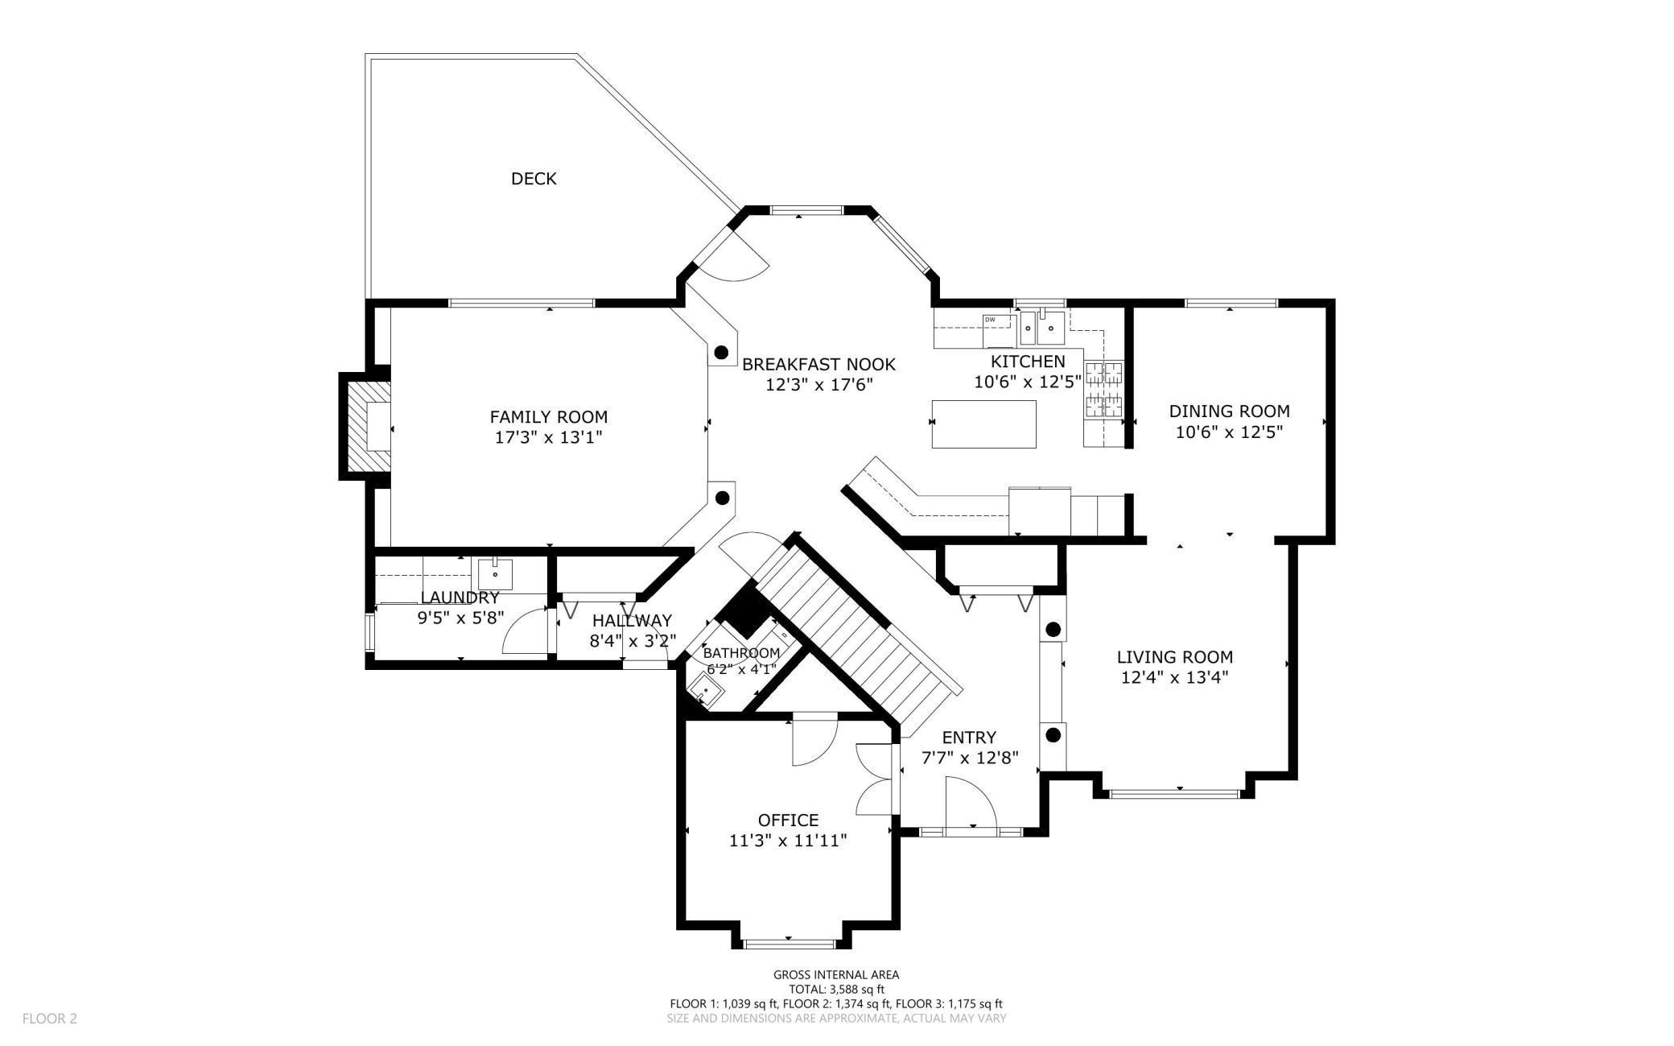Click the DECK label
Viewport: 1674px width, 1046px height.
tap(534, 179)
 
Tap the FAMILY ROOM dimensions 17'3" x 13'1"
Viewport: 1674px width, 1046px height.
tap(548, 438)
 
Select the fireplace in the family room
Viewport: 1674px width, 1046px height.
tap(367, 426)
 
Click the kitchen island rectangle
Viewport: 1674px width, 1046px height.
tap(983, 424)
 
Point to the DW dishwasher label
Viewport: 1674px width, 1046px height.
tap(990, 320)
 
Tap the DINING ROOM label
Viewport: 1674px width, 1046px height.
tap(1229, 411)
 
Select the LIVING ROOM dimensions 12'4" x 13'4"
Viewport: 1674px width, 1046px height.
tap(1174, 678)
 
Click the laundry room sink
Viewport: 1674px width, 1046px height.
tap(495, 575)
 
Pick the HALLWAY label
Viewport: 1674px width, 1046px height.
tap(632, 621)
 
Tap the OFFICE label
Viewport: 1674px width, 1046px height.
tap(788, 821)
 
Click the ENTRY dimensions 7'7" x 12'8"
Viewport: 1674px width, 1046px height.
tap(969, 758)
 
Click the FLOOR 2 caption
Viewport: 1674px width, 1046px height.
tap(49, 1019)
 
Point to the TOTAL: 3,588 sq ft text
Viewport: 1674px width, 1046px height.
tap(836, 990)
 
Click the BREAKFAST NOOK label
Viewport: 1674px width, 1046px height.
tap(818, 365)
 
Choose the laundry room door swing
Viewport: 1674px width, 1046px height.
tap(524, 630)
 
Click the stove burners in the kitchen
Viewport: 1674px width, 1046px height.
tap(1103, 390)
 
